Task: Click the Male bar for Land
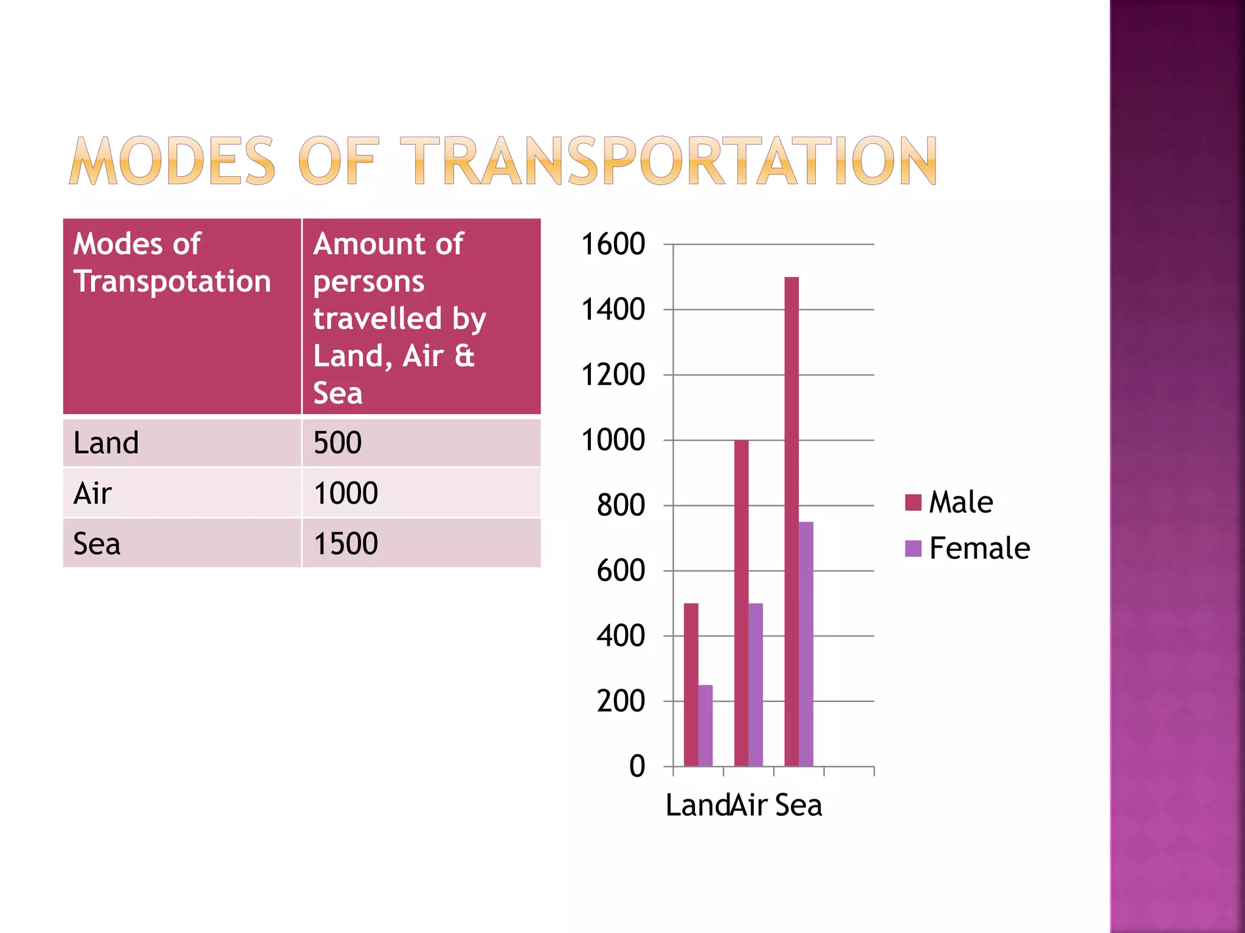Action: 691,685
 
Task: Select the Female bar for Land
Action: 705,726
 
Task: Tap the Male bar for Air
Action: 741,603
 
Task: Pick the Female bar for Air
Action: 756,685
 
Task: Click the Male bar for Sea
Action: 791,522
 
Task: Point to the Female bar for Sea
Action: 805,644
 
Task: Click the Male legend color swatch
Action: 913,502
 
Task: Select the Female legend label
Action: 979,549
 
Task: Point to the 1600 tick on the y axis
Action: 613,244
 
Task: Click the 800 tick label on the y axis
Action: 621,505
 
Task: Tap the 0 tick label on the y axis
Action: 636,767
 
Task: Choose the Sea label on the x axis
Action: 798,805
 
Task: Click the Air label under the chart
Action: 749,805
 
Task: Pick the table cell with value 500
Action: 338,443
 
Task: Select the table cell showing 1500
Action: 346,544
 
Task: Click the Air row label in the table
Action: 92,493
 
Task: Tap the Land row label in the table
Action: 106,443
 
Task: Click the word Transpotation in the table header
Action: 172,282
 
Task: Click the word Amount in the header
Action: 362,244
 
